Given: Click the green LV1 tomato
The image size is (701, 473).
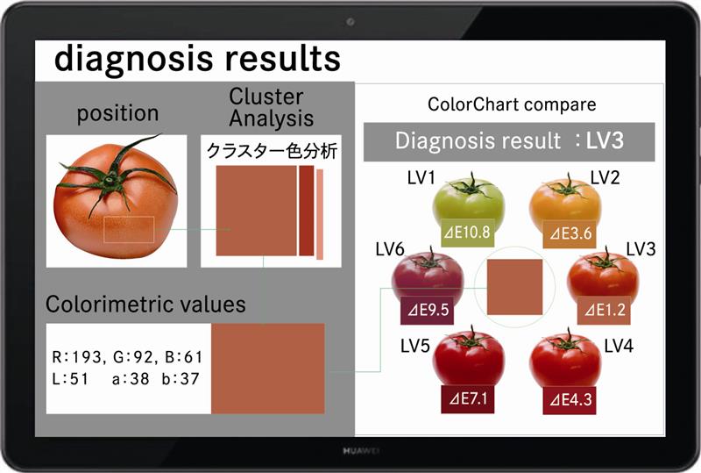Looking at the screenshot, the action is [469, 199].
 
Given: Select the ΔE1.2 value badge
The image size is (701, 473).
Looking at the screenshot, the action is [604, 310].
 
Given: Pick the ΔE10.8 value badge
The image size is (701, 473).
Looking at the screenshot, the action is [468, 233].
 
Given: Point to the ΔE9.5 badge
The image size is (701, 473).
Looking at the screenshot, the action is [427, 310].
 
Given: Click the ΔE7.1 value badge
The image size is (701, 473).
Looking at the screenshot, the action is [468, 398].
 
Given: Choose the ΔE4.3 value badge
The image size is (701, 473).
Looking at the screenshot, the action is [570, 399].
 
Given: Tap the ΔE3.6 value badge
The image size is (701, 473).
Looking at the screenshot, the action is [570, 233].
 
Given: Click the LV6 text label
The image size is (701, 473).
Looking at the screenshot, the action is [389, 249].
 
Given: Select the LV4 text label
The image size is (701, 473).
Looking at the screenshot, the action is [619, 346].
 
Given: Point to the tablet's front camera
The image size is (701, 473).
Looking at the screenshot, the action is [350, 21].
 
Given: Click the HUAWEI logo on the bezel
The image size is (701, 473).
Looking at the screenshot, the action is [361, 450].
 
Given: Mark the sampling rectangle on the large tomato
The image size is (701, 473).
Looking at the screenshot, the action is [129, 229].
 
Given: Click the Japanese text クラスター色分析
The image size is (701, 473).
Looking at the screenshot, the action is [272, 151].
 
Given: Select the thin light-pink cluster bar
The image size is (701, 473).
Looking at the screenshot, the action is [320, 214].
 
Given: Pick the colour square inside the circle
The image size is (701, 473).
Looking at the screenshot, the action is [514, 287].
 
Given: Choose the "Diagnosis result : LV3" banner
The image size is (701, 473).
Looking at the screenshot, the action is [509, 141].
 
